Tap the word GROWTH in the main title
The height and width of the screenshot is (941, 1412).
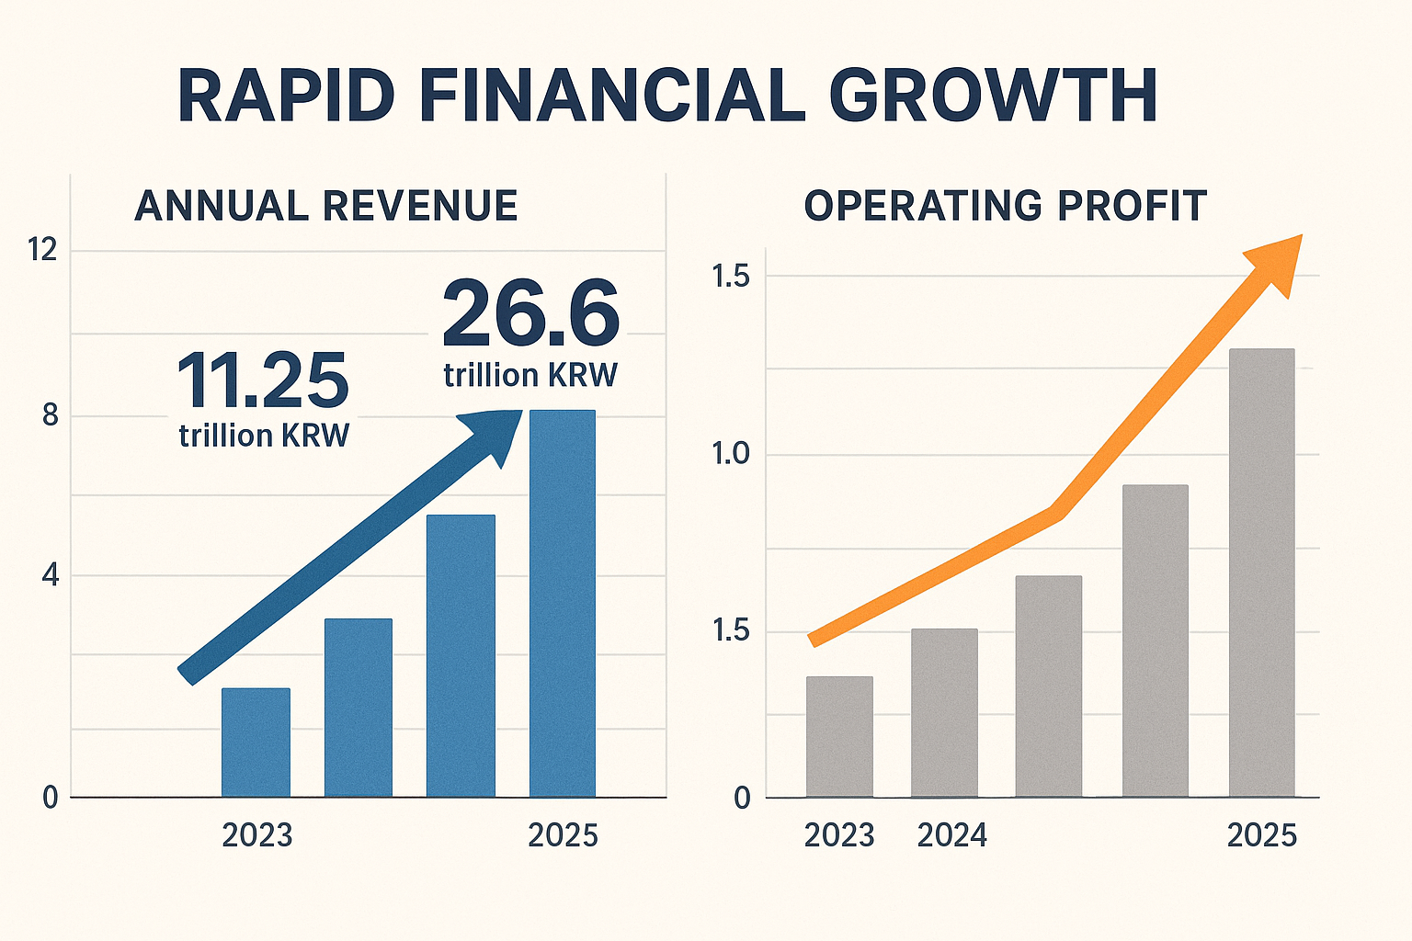993,95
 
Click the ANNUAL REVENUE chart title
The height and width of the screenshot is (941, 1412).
326,206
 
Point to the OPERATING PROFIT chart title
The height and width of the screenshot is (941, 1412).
1005,206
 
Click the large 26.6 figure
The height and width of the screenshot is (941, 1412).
531,314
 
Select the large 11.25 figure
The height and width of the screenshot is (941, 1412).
263,381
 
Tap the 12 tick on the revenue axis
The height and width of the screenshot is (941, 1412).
42,249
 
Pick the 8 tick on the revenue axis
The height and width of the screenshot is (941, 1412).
50,416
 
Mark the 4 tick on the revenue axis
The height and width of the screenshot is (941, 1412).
50,576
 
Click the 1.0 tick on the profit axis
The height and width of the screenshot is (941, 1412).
731,455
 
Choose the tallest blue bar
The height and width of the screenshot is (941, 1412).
563,603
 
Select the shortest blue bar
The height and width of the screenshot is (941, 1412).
256,743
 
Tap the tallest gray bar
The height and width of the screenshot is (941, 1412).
1261,572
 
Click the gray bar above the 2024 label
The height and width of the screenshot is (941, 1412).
944,712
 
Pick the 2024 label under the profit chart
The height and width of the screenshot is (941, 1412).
952,835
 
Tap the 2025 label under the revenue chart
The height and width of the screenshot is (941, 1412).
563,835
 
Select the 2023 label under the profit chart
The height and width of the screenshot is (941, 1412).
839,835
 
